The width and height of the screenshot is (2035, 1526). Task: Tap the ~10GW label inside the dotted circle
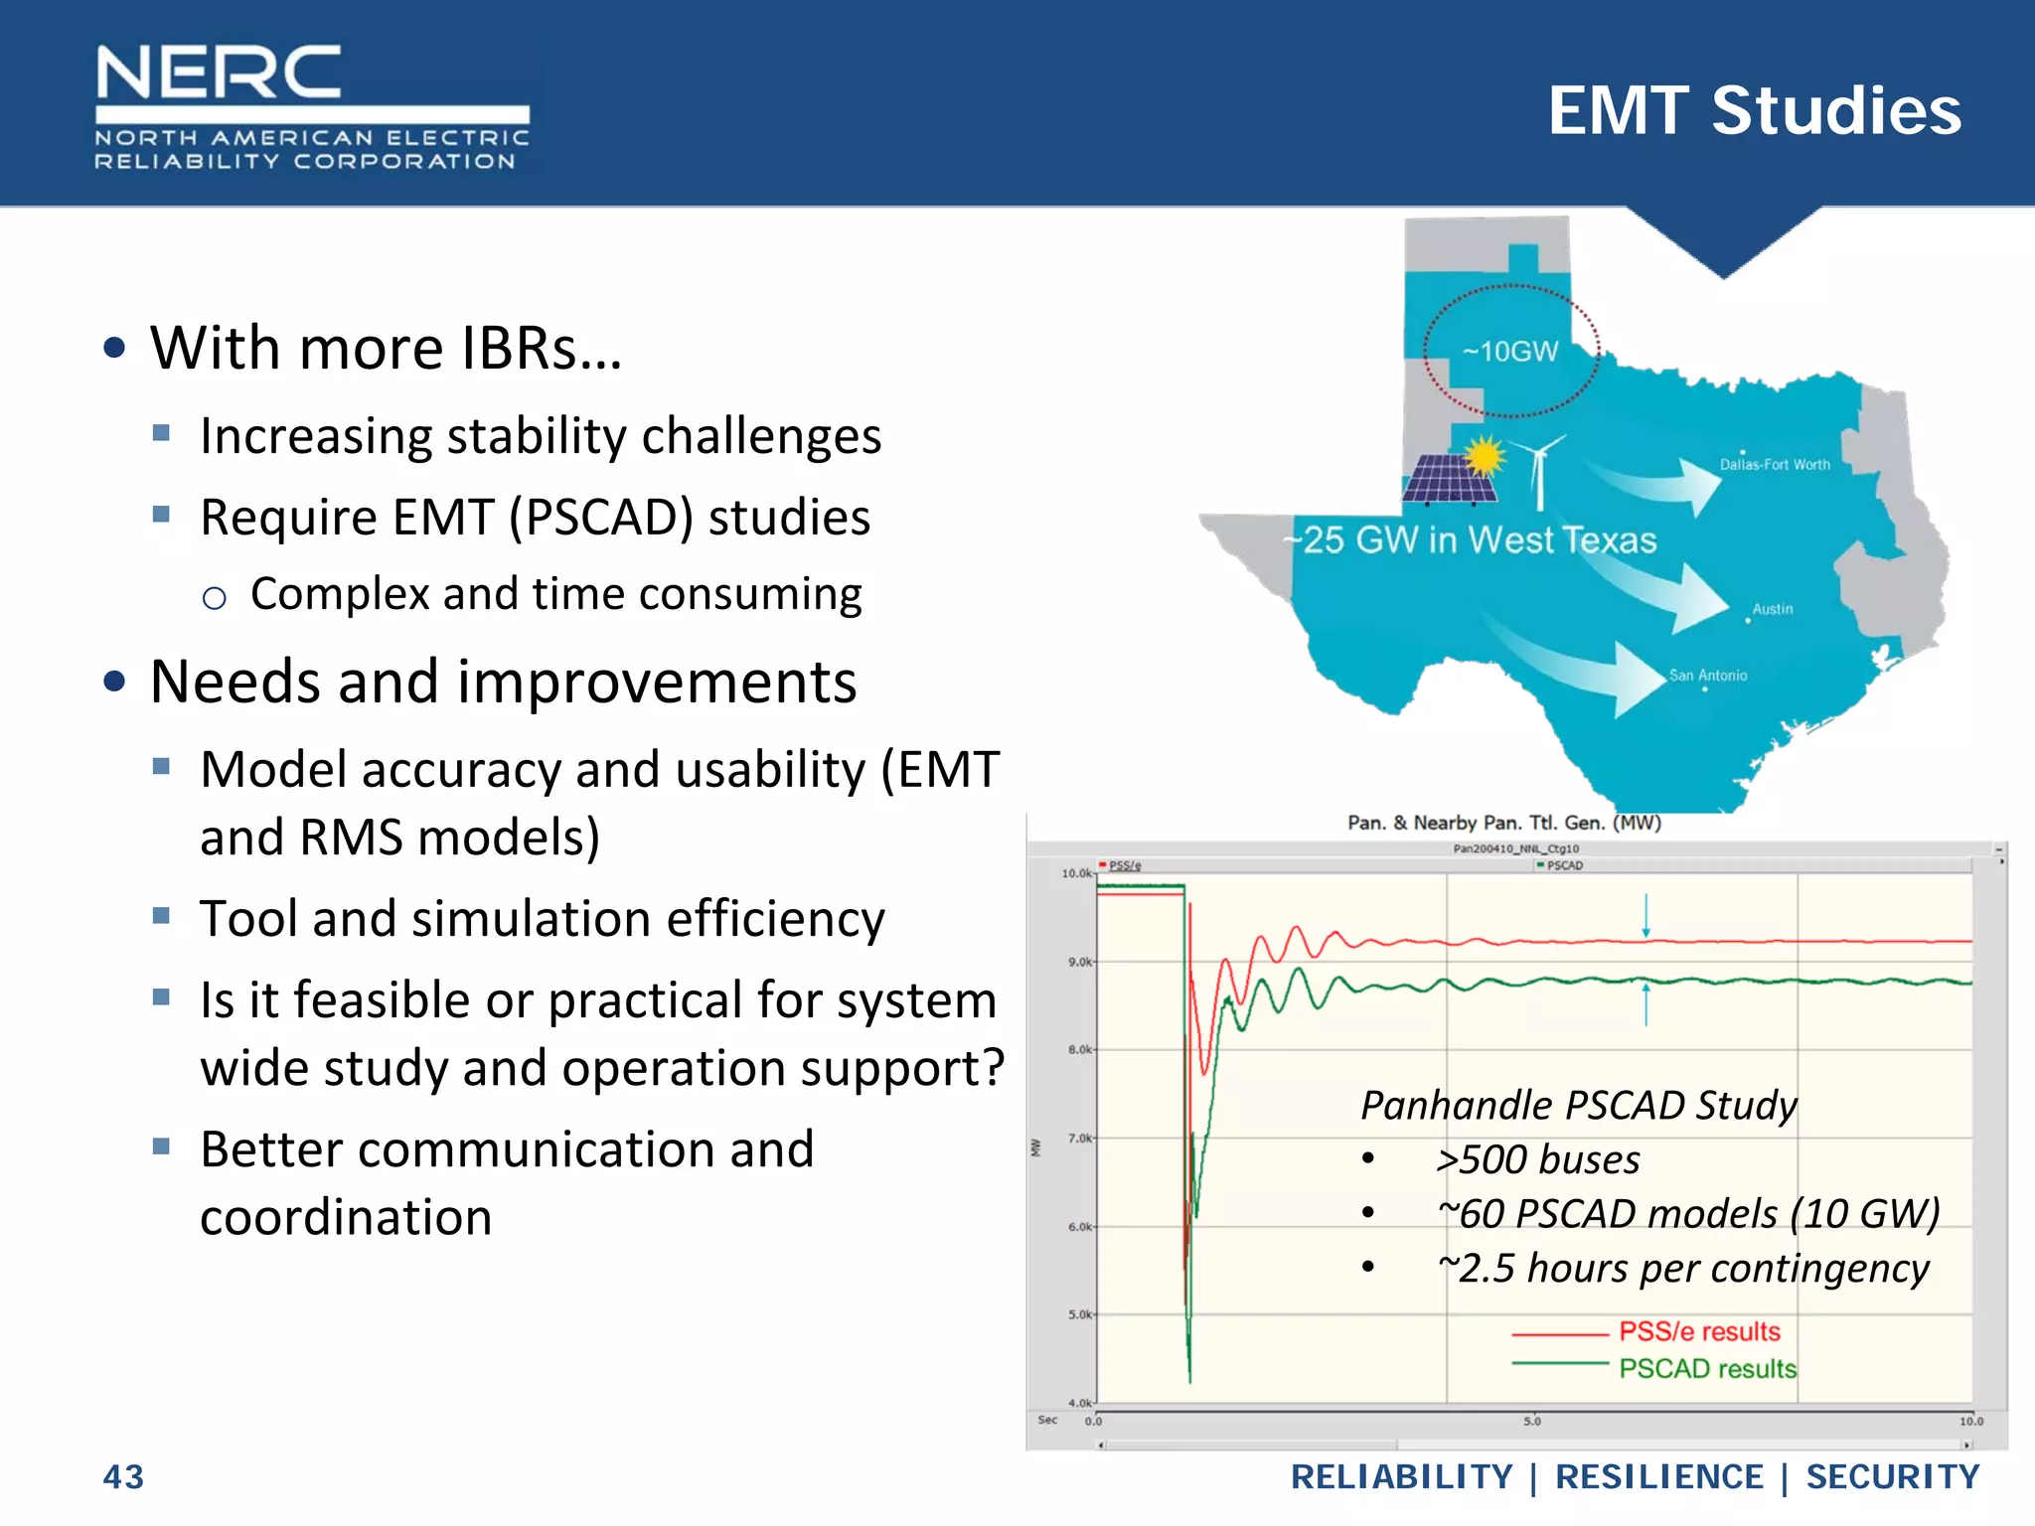(1509, 352)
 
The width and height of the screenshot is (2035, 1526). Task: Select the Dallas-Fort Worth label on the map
(1775, 465)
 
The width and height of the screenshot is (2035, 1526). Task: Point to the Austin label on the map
(1773, 609)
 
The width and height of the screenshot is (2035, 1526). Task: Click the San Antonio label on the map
(1707, 676)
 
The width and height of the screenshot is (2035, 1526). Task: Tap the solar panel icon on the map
(1450, 479)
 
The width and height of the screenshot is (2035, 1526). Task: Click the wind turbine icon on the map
(1539, 471)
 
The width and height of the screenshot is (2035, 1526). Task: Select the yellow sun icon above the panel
(1485, 456)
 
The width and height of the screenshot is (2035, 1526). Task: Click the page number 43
(123, 1476)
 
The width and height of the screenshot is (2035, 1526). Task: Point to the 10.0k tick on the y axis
(1076, 873)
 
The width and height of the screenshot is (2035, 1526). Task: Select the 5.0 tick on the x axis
(1532, 1422)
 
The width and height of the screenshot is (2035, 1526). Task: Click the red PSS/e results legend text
(1699, 1331)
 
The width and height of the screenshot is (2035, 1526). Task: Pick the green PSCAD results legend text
(1707, 1369)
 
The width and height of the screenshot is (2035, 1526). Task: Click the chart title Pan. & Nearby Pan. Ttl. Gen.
(1503, 823)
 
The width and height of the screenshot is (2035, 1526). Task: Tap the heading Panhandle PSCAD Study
(1578, 1105)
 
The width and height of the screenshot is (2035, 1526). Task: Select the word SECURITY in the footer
(1892, 1476)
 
